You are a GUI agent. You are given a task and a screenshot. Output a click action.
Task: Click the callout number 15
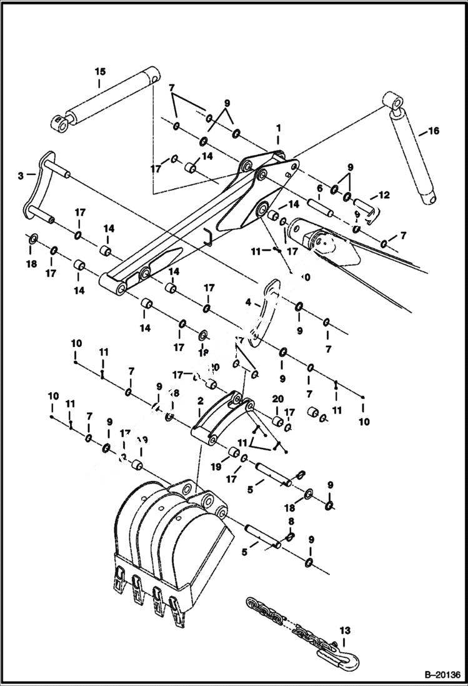[100, 72]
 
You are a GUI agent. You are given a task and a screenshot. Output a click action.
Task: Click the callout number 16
[434, 131]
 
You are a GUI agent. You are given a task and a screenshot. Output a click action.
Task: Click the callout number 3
[21, 177]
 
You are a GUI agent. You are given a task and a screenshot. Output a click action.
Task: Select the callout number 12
[384, 195]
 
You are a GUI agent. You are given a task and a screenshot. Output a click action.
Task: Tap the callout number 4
[248, 302]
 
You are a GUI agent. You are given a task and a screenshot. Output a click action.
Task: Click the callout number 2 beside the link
[199, 400]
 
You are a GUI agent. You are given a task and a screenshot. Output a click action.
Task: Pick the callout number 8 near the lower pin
[291, 520]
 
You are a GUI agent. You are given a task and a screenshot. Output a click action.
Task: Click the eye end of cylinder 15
[61, 123]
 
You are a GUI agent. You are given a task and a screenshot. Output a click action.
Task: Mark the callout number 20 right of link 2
[278, 398]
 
